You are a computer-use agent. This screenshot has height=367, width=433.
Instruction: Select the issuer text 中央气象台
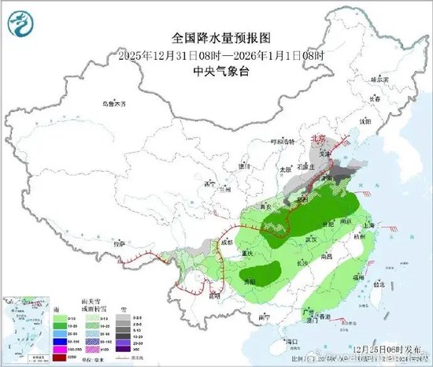click(215, 69)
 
